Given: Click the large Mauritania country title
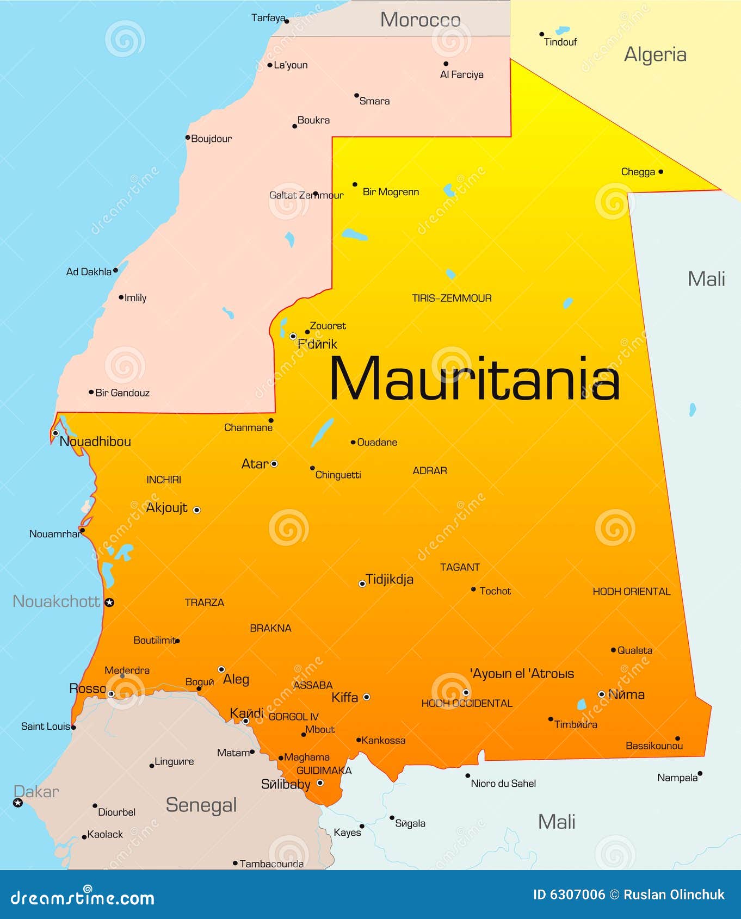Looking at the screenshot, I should click(474, 379).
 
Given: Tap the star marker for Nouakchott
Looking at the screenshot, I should click(109, 602).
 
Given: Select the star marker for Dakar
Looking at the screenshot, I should click(18, 803).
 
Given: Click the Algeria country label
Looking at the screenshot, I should click(655, 54).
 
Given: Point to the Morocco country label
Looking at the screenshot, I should click(420, 20).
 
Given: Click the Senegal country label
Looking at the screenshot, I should click(201, 805).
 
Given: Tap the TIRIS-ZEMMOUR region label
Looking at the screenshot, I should click(452, 298).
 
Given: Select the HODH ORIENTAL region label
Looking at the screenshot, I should click(631, 592).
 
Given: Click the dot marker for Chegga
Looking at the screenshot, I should click(660, 172).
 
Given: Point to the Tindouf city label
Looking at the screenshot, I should click(560, 42).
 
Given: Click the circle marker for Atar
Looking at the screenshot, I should click(274, 464).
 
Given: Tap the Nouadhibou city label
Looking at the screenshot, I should click(95, 442).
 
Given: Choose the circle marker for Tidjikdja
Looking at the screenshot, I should click(362, 584).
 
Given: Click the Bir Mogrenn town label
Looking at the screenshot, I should click(391, 192).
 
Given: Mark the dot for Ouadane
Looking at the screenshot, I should click(353, 443).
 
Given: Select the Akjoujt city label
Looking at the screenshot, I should click(166, 508).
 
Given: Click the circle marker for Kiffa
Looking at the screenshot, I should click(367, 697).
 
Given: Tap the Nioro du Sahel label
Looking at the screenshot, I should click(503, 784).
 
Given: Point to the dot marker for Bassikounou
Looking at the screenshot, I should click(677, 738).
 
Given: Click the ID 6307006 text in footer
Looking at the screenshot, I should click(569, 895).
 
